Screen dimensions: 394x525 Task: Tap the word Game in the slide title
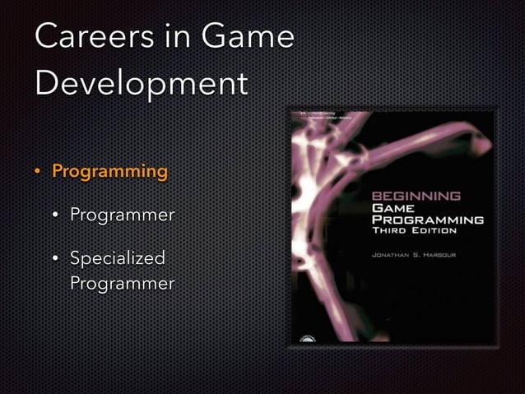(x=248, y=37)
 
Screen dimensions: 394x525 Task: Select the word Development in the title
(x=142, y=83)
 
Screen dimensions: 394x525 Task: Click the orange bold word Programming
(x=109, y=172)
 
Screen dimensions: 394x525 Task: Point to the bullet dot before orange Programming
(x=36, y=173)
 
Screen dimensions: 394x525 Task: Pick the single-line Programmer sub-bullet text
(x=122, y=216)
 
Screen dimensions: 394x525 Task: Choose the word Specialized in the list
(x=117, y=258)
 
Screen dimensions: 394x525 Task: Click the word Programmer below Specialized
(x=122, y=284)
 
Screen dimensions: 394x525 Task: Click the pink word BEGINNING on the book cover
(x=416, y=197)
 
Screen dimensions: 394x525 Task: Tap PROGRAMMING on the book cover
(x=428, y=220)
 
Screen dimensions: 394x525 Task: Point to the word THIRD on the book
(x=392, y=232)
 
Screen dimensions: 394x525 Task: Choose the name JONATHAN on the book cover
(x=397, y=256)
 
